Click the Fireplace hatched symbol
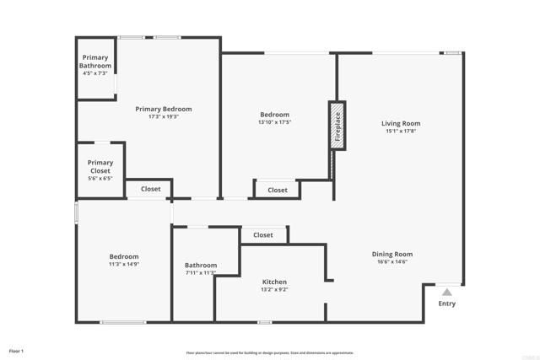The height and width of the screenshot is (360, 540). coord(337,126)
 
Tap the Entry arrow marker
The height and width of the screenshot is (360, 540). coord(446,292)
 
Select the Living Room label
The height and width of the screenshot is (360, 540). coord(401,124)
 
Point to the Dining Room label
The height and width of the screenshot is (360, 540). coord(392,254)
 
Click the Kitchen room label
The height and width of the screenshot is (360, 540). coord(274,282)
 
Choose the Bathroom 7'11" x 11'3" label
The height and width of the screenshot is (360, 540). coord(201,265)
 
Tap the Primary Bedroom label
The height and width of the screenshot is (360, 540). coord(164,109)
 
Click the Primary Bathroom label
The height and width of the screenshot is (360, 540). coord(95,62)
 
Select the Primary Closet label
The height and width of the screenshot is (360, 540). coord(100,167)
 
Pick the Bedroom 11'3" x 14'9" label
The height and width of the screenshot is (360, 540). coord(124,256)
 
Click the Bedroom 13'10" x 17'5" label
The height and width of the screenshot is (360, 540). coord(274,115)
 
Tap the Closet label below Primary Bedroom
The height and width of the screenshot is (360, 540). coord(150,189)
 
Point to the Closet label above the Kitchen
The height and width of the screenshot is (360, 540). coord(262,235)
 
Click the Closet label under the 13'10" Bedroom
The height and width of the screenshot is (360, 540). coord(278,190)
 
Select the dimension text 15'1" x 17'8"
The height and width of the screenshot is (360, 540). coord(401,131)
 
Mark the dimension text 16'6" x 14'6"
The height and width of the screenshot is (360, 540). coord(392,261)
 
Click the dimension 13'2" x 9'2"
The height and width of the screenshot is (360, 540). coord(274,289)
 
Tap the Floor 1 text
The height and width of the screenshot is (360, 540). coord(17,350)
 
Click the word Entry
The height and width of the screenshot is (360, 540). coord(446,304)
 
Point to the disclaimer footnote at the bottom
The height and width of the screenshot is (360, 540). coord(270,352)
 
